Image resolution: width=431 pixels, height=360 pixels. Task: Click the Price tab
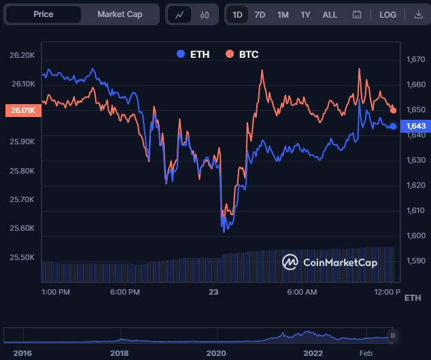[x=44, y=14]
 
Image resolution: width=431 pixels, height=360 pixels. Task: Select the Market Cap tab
[x=120, y=14]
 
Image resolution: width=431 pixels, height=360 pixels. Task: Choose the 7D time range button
[x=260, y=14]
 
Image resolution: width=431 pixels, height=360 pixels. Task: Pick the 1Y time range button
[x=306, y=14]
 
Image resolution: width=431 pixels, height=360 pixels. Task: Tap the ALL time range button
[x=330, y=14]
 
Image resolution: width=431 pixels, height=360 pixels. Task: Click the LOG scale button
[x=387, y=14]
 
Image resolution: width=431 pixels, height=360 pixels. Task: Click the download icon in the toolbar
[x=418, y=14]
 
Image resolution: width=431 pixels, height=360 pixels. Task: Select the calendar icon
[x=357, y=14]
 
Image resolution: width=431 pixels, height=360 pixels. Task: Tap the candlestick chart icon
[x=205, y=14]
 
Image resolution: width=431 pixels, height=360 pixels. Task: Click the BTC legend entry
[x=242, y=54]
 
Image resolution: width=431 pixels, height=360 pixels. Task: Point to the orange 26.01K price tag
[x=22, y=111]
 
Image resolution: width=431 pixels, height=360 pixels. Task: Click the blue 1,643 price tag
[x=415, y=126]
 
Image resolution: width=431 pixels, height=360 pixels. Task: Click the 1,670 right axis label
[x=415, y=60]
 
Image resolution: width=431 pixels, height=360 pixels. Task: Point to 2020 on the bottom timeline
[x=216, y=353]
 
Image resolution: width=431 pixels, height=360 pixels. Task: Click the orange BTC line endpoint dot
[x=394, y=110]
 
